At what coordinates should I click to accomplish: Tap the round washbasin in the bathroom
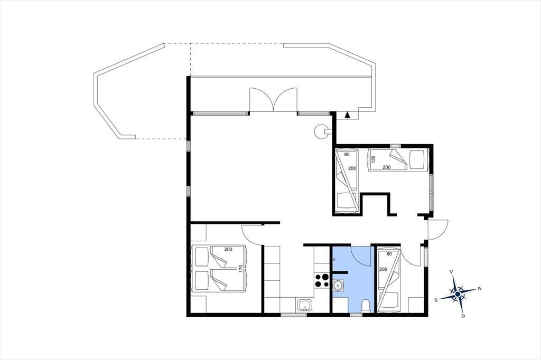click(338, 286)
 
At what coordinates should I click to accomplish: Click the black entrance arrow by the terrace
click(348, 115)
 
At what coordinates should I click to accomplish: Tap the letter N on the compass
click(479, 288)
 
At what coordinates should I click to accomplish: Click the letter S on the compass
click(436, 300)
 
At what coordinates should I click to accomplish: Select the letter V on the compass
click(451, 272)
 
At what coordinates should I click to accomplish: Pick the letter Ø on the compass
click(463, 316)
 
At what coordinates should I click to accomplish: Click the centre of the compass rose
click(458, 294)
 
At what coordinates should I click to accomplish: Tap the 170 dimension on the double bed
click(241, 269)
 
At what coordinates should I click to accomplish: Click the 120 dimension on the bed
click(373, 159)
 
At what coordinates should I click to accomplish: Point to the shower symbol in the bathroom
click(334, 259)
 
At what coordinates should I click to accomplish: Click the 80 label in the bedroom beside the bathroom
click(389, 254)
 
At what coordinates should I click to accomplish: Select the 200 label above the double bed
click(228, 249)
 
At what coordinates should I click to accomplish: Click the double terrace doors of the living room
click(273, 99)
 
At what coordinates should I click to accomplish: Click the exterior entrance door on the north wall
click(437, 229)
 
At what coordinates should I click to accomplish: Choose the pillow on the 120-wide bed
click(417, 160)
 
